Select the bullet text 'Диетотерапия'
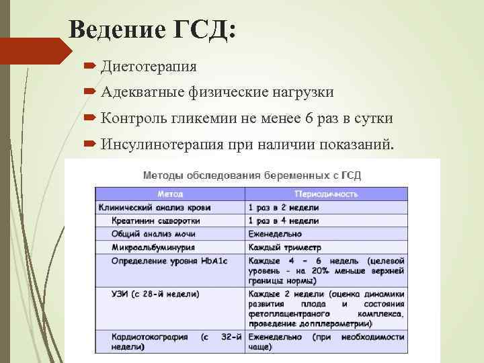click(149, 66)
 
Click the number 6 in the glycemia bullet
click(309, 118)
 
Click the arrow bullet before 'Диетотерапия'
click(90, 66)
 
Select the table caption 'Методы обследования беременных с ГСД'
click(252, 175)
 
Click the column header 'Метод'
click(169, 194)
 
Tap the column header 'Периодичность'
click(326, 194)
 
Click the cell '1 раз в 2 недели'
click(283, 208)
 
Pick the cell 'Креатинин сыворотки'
click(155, 220)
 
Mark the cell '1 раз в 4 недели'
click(283, 220)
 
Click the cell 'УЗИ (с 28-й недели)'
click(155, 294)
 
